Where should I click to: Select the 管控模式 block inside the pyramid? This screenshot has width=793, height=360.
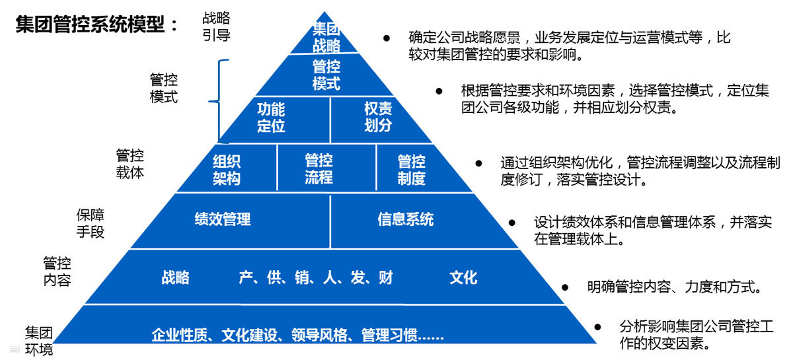pyautogui.click(x=326, y=75)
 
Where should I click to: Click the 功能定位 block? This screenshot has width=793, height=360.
pyautogui.click(x=271, y=118)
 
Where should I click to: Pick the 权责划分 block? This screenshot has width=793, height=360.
pyautogui.click(x=378, y=118)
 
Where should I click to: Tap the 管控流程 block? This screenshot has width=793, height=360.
pyautogui.click(x=319, y=169)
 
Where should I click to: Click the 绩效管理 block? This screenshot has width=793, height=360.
pyautogui.click(x=223, y=219)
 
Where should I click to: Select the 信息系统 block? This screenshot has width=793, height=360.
pyautogui.click(x=406, y=219)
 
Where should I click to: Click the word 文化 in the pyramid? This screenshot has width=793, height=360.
pyautogui.click(x=463, y=277)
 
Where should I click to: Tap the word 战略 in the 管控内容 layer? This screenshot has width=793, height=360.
pyautogui.click(x=175, y=277)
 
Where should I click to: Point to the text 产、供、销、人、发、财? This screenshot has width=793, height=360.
pyautogui.click(x=316, y=277)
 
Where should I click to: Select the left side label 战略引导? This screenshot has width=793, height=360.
pyautogui.click(x=216, y=26)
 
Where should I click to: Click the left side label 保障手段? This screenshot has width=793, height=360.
pyautogui.click(x=91, y=223)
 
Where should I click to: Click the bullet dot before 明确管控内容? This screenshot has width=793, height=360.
pyautogui.click(x=564, y=287)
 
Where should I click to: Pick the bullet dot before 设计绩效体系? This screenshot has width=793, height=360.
pyautogui.click(x=511, y=223)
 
